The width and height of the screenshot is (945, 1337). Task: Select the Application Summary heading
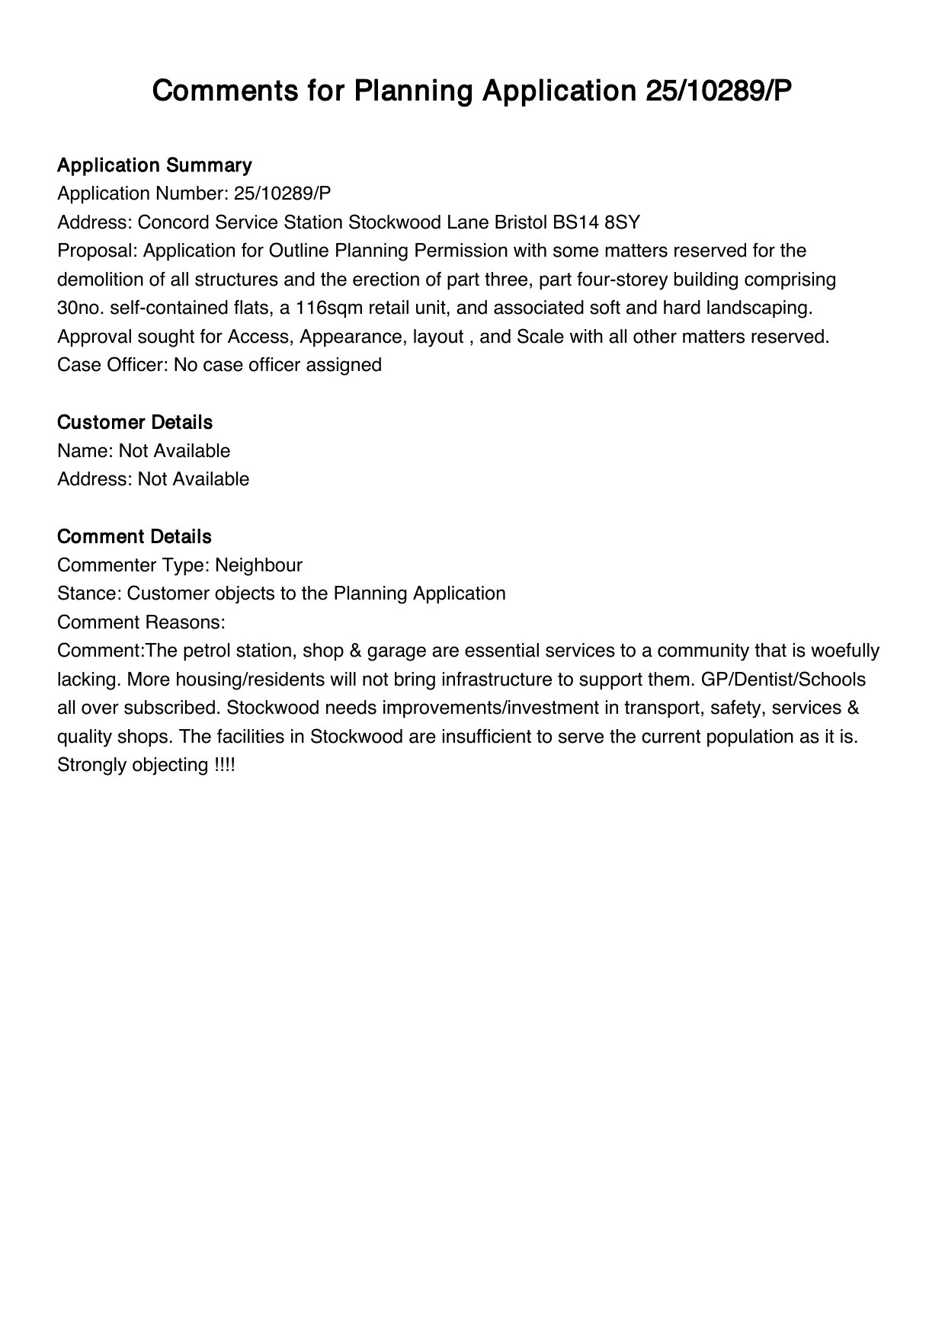click(154, 165)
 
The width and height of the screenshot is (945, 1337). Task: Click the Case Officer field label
click(113, 365)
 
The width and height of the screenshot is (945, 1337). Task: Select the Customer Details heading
click(135, 422)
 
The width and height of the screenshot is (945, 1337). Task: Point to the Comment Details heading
click(134, 536)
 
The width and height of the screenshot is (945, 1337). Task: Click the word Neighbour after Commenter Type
click(258, 565)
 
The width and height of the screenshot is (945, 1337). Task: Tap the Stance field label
click(89, 593)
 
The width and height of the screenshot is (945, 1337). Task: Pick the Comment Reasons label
click(141, 622)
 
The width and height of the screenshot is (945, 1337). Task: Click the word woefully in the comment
click(845, 651)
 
